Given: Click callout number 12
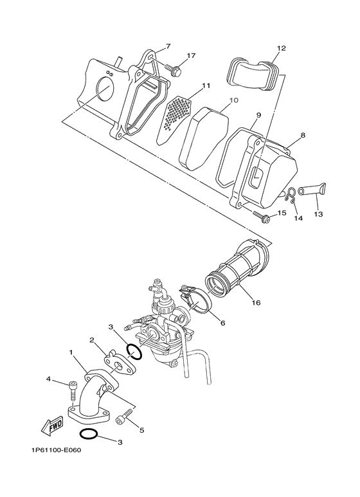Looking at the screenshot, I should click(x=281, y=48).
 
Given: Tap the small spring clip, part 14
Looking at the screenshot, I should click(x=291, y=193).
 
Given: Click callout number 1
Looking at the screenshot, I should click(x=72, y=353).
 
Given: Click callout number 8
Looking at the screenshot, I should click(x=302, y=136).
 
